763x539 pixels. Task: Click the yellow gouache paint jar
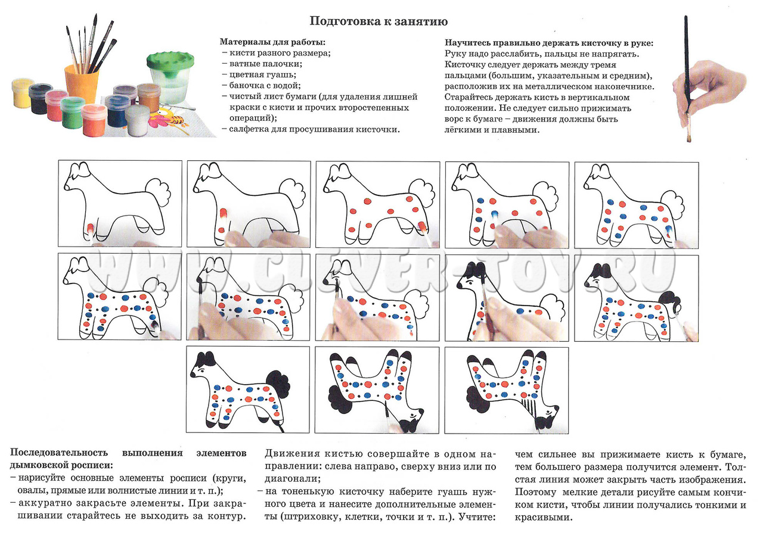click(23, 94)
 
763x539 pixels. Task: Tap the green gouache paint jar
click(73, 113)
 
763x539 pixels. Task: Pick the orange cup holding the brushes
click(81, 84)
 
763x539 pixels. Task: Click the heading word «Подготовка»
click(343, 22)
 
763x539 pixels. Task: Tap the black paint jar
click(41, 98)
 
